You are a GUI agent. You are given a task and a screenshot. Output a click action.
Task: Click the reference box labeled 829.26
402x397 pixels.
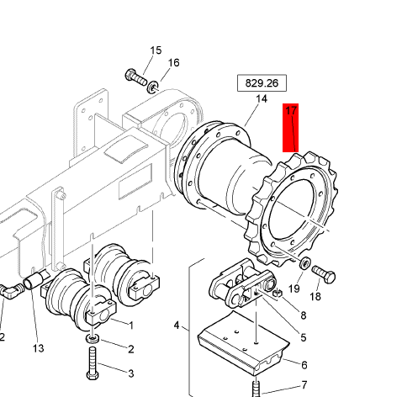[261, 83]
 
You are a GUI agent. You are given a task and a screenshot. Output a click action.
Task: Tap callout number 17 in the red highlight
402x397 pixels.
[292, 111]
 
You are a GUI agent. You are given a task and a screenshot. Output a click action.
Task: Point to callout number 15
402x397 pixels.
[156, 51]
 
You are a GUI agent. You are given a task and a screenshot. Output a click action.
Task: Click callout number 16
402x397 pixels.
[173, 63]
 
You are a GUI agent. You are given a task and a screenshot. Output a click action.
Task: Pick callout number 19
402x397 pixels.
[294, 288]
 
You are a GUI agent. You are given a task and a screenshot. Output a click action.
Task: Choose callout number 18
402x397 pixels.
[315, 296]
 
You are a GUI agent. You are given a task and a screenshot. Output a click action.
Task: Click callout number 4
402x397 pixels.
[177, 325]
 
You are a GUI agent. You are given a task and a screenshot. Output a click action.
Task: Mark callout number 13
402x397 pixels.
[37, 348]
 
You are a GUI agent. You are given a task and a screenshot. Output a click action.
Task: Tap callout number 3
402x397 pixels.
[130, 373]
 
